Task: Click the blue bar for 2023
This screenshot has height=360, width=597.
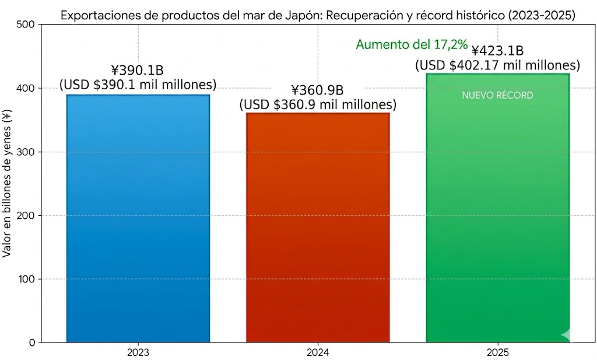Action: pyautogui.click(x=138, y=219)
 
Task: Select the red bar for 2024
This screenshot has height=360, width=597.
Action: pyautogui.click(x=318, y=228)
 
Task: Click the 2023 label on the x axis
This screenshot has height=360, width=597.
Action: pyautogui.click(x=138, y=352)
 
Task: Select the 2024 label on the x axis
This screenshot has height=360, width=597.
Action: pyautogui.click(x=318, y=352)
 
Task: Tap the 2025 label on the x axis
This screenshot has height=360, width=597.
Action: pyautogui.click(x=497, y=352)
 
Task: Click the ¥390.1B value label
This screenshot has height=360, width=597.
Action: pyautogui.click(x=138, y=71)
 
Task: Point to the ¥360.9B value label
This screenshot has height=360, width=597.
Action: pyautogui.click(x=318, y=90)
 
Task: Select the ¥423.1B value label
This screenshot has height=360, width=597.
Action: pyautogui.click(x=497, y=51)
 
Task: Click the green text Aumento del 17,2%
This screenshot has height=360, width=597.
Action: pyautogui.click(x=412, y=44)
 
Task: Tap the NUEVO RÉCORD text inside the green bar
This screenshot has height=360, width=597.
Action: pyautogui.click(x=497, y=95)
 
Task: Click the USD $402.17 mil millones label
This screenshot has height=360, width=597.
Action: pyautogui.click(x=497, y=65)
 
